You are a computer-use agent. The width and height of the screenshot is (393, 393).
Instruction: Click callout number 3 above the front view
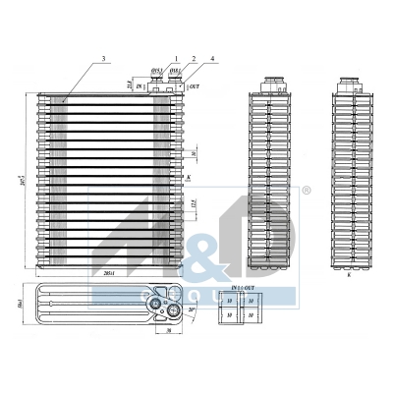click(103, 60)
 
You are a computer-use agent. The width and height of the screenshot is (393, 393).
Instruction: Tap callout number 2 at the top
click(194, 60)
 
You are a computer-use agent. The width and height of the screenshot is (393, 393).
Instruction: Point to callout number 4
click(211, 60)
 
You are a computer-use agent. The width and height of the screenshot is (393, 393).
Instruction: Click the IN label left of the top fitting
click(140, 88)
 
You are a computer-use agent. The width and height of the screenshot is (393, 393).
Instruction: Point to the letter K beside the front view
click(187, 179)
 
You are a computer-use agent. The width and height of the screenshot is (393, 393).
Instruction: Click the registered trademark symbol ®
click(307, 189)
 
